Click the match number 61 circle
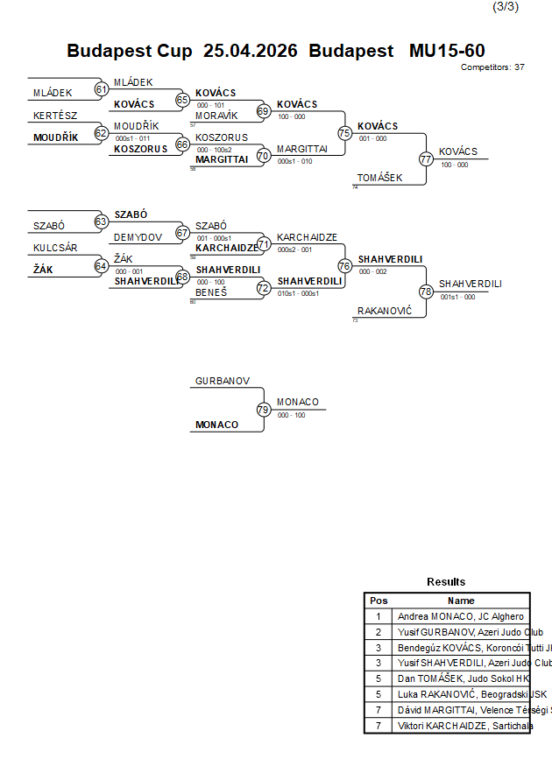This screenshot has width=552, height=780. coord(101,89)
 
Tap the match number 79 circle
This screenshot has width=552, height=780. coord(264,410)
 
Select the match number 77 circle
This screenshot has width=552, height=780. coord(426,159)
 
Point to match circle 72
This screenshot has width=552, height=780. coord(264,287)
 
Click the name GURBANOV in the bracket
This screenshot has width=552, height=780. coord(223,382)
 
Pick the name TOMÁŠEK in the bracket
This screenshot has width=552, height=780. coord(380,178)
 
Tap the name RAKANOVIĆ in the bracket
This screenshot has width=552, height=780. coord(385,311)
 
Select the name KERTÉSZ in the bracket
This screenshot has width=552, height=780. coord(55,116)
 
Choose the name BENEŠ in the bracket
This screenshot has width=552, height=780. coord(211,292)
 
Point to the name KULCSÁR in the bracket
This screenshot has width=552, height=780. coord(55,248)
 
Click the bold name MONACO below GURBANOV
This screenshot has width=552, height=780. coord(216,425)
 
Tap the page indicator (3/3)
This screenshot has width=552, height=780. coord(506,7)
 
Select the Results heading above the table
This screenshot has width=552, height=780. coord(446,582)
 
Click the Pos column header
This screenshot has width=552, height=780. coord(379,601)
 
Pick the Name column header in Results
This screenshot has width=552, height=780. coord(461,601)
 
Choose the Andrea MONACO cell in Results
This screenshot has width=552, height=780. coord(461,616)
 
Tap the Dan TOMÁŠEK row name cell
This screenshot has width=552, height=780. coord(461,678)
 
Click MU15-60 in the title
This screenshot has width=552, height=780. coord(447,51)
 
